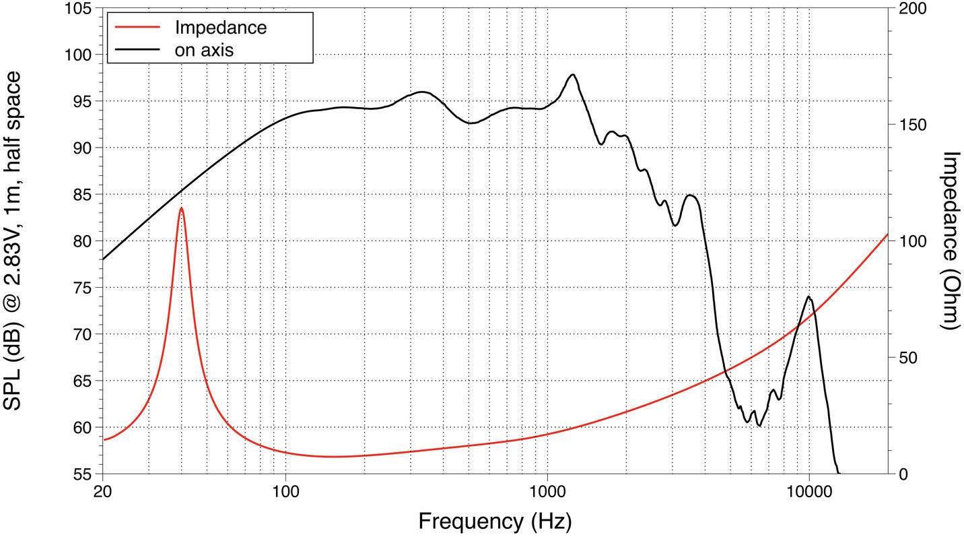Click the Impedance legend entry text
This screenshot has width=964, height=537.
(x=220, y=28)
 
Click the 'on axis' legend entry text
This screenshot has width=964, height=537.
(x=204, y=50)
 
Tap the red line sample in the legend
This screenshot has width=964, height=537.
(x=138, y=28)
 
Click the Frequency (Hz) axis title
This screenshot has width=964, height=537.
(x=495, y=521)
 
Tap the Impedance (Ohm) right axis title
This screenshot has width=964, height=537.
(x=949, y=241)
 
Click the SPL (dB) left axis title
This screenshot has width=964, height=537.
(x=15, y=241)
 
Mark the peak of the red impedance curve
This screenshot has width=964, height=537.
(x=181, y=208)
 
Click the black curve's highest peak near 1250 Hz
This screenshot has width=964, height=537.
(x=573, y=75)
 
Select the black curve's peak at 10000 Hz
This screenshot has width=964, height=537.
(x=808, y=297)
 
